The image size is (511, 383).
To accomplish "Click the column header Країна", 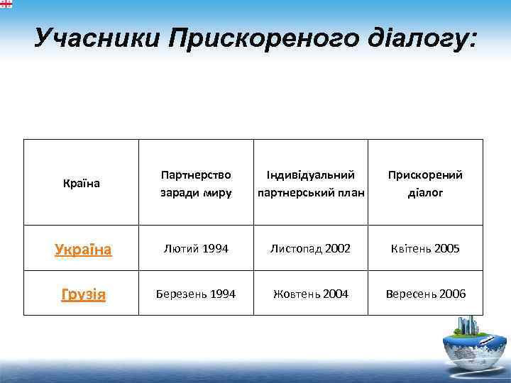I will tap(81, 184).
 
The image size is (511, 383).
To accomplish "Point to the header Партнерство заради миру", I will tap(196, 184).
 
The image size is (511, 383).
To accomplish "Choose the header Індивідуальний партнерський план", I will tap(311, 184).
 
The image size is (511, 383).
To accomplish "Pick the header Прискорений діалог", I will tap(425, 184).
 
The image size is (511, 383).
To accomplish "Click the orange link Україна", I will tap(83, 250).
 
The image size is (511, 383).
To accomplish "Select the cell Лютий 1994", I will tap(196, 249).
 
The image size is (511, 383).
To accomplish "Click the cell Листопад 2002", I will tap(311, 249).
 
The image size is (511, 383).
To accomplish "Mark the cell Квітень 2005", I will tap(425, 249).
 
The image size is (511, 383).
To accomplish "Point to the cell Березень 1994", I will tap(196, 294).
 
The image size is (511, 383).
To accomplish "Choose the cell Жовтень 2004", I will tap(311, 294).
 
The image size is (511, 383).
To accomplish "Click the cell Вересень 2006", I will tap(425, 294).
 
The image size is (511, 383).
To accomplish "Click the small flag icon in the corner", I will tap(6, 5).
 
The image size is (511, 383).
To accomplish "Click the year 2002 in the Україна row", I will tap(336, 249).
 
